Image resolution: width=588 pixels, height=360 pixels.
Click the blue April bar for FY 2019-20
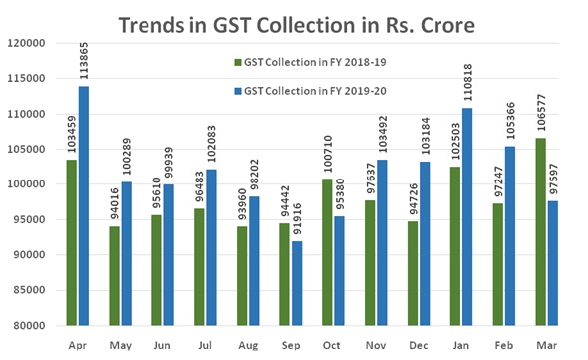(x=84, y=205)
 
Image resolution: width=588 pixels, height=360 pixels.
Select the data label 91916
(x=294, y=215)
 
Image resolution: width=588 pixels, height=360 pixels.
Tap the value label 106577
(x=541, y=112)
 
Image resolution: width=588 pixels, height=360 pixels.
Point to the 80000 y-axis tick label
(x=31, y=326)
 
